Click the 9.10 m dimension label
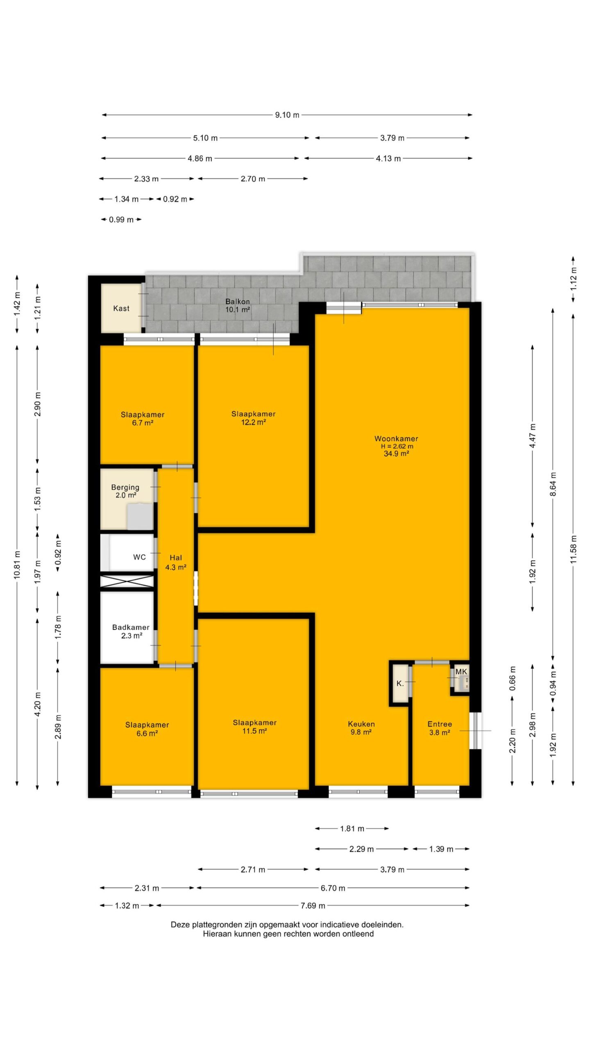[x=287, y=115]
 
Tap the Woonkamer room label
[x=396, y=438]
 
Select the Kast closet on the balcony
[x=122, y=308]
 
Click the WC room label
[x=139, y=557]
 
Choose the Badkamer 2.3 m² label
[x=131, y=631]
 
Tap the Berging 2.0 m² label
[x=125, y=491]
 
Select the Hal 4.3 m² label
[x=176, y=562]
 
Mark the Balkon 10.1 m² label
[x=238, y=306]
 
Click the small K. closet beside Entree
[x=400, y=683]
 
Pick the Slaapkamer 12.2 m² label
[x=254, y=418]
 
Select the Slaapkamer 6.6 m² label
[x=147, y=729]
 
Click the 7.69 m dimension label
[x=313, y=906]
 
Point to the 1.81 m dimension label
[x=352, y=829]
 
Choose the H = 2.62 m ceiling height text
[x=397, y=446]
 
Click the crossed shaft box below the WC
[x=127, y=581]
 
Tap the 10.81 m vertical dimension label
[x=17, y=565]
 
